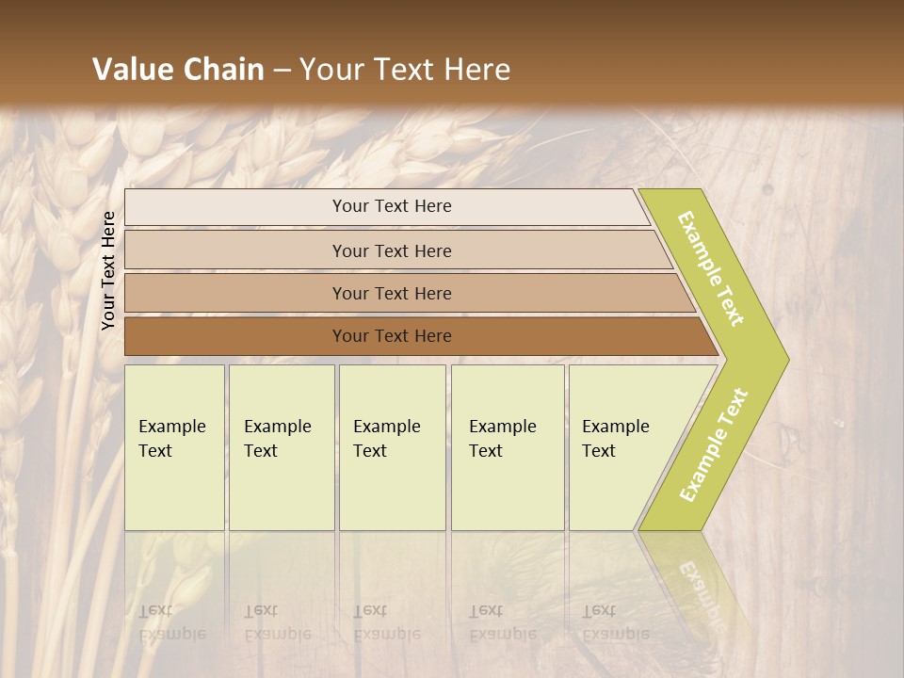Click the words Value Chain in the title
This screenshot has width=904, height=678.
click(x=178, y=70)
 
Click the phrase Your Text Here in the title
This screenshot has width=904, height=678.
click(x=405, y=70)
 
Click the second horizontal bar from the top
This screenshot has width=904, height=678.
click(x=392, y=250)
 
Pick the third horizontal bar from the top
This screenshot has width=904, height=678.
click(x=392, y=293)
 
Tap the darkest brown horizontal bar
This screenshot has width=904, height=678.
click(x=392, y=336)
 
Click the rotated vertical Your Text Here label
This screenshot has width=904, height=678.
click(x=109, y=270)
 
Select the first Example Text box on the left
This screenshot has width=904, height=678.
click(x=174, y=447)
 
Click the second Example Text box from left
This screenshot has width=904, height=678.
click(x=281, y=447)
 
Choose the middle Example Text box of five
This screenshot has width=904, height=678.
click(x=392, y=447)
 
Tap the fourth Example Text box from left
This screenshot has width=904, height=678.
click(x=507, y=447)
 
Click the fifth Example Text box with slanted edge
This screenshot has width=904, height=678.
click(x=621, y=447)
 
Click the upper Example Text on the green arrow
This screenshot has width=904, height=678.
click(x=712, y=268)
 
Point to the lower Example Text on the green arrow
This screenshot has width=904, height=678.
click(x=714, y=445)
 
